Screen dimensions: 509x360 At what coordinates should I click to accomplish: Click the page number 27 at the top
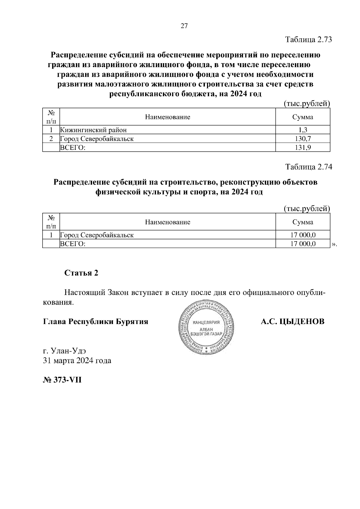pos(184,26)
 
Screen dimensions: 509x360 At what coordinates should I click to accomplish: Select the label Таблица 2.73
pos(309,40)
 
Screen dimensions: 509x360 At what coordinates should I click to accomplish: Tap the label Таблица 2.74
pos(309,167)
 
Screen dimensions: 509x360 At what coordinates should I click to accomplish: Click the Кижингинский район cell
pos(93,130)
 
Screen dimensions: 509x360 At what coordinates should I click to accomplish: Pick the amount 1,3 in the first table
pos(303,130)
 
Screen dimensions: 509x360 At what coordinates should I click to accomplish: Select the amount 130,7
pos(303,138)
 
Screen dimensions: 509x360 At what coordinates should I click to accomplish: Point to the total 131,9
pos(303,147)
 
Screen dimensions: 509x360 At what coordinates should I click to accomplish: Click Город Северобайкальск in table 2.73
pos(97,138)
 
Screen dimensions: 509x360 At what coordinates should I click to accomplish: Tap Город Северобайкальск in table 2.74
pos(97,235)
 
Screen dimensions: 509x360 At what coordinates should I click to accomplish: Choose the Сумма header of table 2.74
pos(303,222)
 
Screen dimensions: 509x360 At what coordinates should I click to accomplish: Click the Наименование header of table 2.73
pos(167,117)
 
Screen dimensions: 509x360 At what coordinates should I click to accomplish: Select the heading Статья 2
pos(81,273)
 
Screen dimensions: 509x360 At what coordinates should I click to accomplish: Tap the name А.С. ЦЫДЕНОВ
pos(292,322)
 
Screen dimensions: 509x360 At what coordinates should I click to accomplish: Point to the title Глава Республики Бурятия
pos(96,322)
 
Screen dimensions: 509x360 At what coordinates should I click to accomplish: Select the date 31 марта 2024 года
pos(77,360)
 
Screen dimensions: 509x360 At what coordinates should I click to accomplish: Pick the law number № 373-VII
pos(62,380)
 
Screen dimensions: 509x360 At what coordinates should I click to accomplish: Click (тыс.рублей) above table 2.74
pos(307,208)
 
